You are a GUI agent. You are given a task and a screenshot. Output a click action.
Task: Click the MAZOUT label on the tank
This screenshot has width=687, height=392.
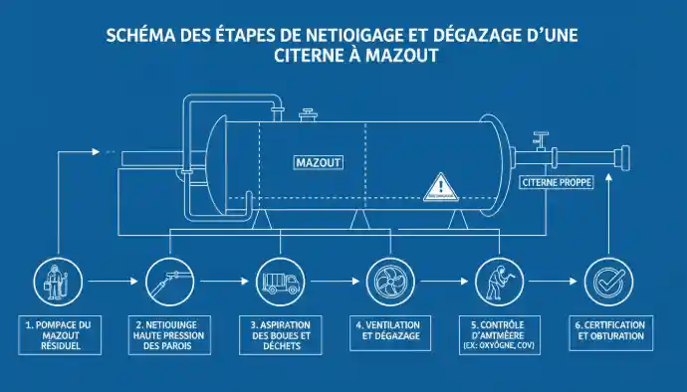click(320, 161)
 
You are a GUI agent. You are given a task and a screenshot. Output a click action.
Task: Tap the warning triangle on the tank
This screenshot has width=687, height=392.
click(439, 187)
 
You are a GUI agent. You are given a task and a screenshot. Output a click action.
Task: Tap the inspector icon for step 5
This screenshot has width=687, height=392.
click(495, 282)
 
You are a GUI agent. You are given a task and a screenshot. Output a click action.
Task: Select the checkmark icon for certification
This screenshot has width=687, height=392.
click(604, 282)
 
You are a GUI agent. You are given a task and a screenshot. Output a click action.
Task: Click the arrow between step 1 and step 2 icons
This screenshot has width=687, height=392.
click(111, 282)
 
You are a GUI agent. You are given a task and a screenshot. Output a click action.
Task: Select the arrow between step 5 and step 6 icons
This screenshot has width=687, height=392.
click(550, 282)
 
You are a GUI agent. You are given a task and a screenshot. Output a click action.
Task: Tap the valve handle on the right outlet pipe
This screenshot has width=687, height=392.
click(542, 133)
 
